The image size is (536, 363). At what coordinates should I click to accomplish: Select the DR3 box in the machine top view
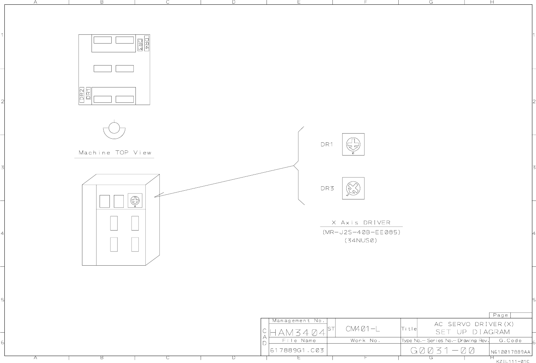[x=140, y=45]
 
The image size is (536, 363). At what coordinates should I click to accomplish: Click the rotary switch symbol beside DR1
[x=353, y=144]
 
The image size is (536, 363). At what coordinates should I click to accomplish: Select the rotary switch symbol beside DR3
[x=353, y=188]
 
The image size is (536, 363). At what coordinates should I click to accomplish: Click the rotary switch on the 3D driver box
[x=135, y=200]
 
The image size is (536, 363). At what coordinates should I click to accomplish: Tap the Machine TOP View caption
[x=115, y=153]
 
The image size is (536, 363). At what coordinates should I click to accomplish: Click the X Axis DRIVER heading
[x=361, y=222]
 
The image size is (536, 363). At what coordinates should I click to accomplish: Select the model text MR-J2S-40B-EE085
[x=361, y=232]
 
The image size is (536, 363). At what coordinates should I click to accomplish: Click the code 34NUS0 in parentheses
[x=361, y=240]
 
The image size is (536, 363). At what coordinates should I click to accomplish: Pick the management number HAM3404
[x=297, y=333]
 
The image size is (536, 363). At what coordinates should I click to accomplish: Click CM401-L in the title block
[x=362, y=329]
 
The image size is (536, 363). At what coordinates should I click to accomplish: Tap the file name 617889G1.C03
[x=297, y=350]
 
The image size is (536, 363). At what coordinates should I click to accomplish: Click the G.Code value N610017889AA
[x=510, y=352]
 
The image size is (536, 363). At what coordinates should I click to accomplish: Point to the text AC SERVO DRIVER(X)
[x=474, y=324]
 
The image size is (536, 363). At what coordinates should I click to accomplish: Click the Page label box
[x=500, y=315]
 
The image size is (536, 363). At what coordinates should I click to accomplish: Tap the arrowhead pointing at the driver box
[x=156, y=196]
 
